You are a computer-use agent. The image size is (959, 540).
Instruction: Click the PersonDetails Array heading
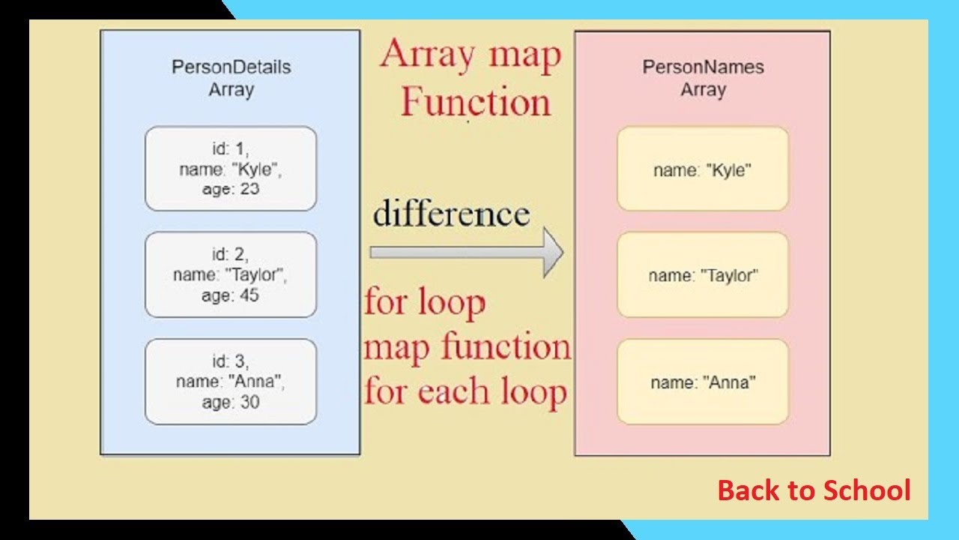231,78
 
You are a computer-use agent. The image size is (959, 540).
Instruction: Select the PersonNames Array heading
703,78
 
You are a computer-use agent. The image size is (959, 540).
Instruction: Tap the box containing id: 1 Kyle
231,169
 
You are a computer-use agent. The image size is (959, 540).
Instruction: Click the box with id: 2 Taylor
231,274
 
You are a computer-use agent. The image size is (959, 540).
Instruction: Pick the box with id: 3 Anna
231,382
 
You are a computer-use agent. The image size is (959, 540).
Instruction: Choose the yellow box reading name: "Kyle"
702,169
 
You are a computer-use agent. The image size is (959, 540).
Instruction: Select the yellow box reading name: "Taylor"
702,275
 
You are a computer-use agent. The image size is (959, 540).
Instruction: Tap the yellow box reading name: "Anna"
702,382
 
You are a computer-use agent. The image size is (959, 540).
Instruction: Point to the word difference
451,214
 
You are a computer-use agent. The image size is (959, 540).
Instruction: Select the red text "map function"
468,347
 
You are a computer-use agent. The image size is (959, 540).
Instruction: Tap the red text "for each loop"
465,391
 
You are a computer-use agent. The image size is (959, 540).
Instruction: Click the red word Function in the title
475,102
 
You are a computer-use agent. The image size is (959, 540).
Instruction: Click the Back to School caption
814,490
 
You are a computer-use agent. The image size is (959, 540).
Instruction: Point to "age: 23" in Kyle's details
231,189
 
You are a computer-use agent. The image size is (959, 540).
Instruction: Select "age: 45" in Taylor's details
231,295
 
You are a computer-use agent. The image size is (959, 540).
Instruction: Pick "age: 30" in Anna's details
231,402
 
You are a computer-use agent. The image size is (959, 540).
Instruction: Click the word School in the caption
867,490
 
